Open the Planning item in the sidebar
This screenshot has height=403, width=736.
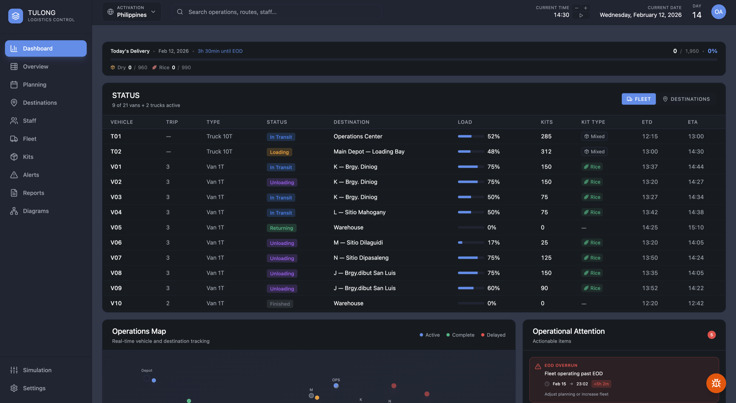point(34,85)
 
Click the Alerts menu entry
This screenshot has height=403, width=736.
point(31,175)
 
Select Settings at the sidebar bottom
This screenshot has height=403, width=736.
point(34,388)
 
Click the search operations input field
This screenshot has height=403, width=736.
point(276,12)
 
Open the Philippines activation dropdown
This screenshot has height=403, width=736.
point(132,12)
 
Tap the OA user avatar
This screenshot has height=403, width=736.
point(718,12)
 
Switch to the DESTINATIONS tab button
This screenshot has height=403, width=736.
point(686,99)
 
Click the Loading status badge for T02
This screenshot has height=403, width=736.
point(279,152)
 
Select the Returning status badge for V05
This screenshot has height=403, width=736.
point(281,228)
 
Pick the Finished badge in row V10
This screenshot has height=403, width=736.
point(280,304)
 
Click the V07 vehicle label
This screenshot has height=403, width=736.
point(116,258)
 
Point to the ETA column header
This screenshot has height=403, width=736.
point(692,122)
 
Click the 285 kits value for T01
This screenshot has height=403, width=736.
point(546,136)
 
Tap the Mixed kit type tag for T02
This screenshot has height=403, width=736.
point(594,152)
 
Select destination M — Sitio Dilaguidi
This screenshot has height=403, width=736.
point(358,243)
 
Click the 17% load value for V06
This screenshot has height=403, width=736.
point(493,243)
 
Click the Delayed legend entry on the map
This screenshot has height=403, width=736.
point(493,335)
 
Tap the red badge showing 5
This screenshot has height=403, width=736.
point(711,335)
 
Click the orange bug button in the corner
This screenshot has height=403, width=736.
point(716,383)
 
